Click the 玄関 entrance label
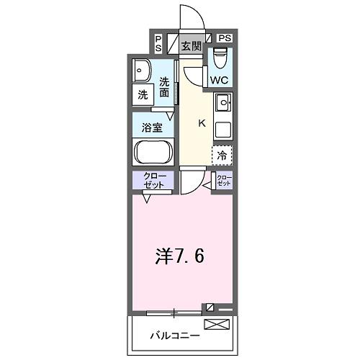pyautogui.click(x=191, y=48)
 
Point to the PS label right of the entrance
pyautogui.click(x=224, y=38)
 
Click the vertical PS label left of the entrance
pyautogui.click(x=158, y=42)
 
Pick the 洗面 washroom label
pyautogui.click(x=165, y=87)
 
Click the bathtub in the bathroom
pyautogui.click(x=151, y=152)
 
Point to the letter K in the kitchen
pyautogui.click(x=202, y=123)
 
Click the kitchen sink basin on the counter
pyautogui.click(x=223, y=104)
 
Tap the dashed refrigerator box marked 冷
pyautogui.click(x=222, y=154)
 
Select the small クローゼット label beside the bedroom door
pyautogui.click(x=225, y=181)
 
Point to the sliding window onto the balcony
pyautogui.click(x=174, y=312)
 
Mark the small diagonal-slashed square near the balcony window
pyautogui.click(x=210, y=307)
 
